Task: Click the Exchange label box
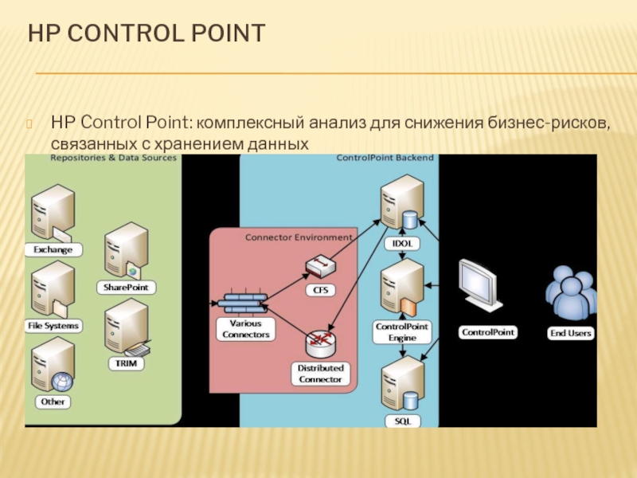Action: click(53, 249)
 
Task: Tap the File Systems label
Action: click(53, 325)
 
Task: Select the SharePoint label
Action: click(126, 287)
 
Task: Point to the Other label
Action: click(53, 402)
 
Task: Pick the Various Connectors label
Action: click(244, 329)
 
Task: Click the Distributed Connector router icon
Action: click(320, 343)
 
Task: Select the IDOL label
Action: click(401, 242)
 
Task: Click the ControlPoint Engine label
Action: click(402, 332)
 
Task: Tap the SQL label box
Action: click(402, 420)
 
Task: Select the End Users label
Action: click(571, 333)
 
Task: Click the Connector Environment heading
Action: click(298, 237)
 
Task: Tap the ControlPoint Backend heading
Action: click(385, 158)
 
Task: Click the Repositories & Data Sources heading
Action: click(113, 158)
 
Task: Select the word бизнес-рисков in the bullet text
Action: click(549, 123)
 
